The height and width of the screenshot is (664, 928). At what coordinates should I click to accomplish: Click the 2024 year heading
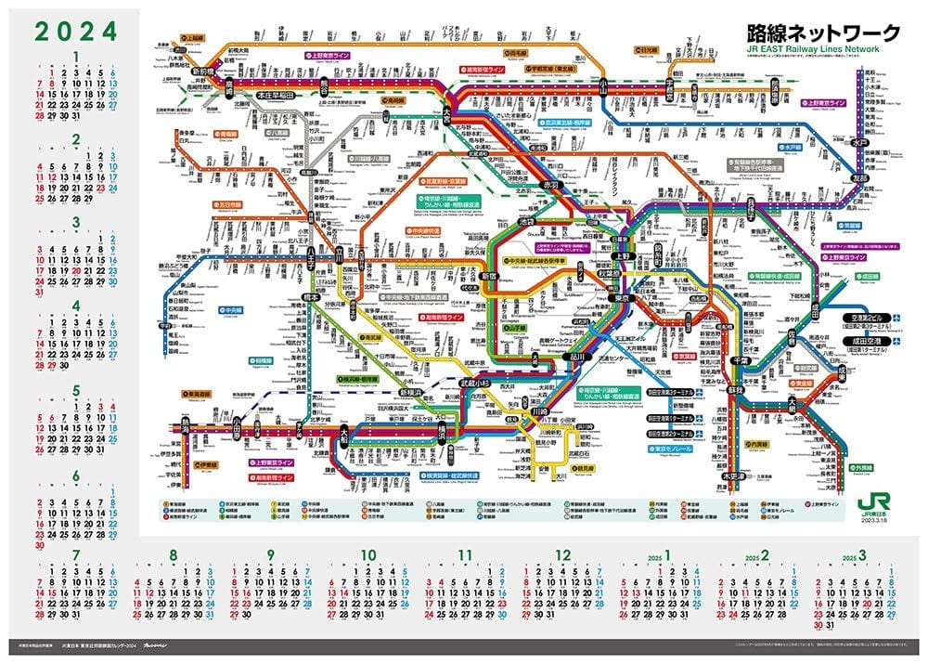click(77, 31)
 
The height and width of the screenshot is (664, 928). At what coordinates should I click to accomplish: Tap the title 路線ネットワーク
click(823, 33)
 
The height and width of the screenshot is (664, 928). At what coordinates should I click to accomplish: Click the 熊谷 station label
click(325, 85)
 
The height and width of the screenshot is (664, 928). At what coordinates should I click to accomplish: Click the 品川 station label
click(577, 356)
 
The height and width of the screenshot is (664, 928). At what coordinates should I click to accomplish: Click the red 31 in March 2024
click(39, 291)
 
